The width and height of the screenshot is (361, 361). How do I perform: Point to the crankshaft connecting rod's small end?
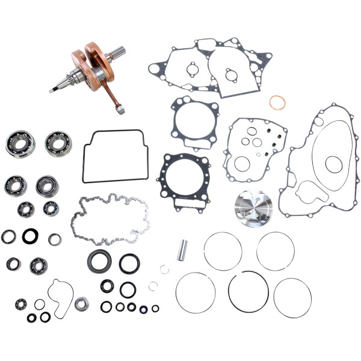120,109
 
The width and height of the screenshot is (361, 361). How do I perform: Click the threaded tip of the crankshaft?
53,90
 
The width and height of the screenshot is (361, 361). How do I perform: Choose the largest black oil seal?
99,261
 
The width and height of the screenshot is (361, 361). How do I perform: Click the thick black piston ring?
248,291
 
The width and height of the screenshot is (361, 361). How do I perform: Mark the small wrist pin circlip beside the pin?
165,269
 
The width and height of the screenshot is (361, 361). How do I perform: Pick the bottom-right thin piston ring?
292,297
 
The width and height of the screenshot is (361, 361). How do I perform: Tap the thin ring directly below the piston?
276,251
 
